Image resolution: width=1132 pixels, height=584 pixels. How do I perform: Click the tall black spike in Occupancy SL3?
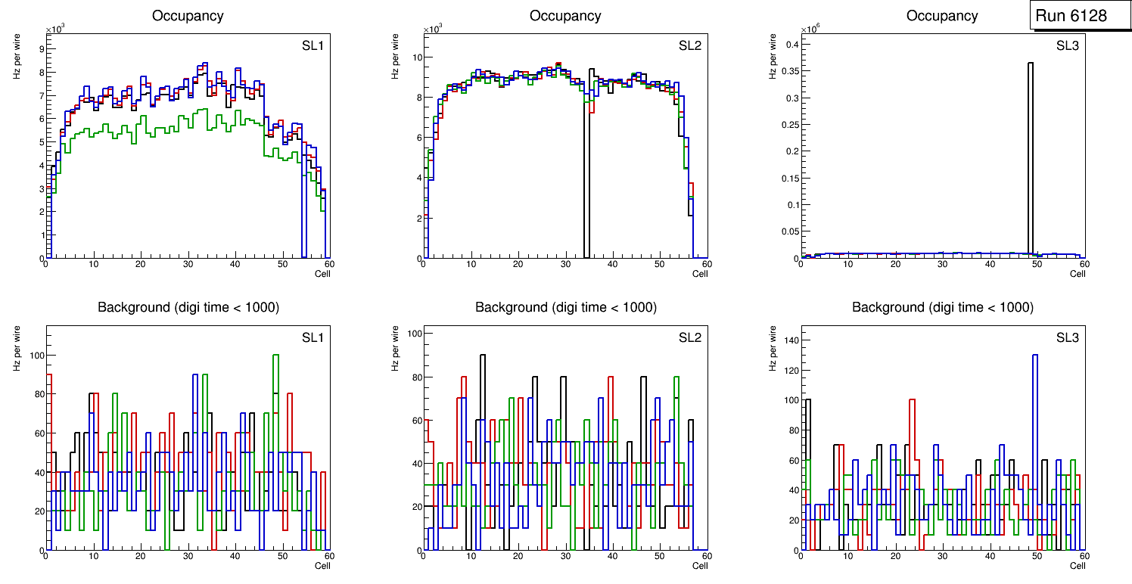tap(1031, 151)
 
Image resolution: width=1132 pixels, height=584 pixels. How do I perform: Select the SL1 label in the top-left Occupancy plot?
tap(313, 46)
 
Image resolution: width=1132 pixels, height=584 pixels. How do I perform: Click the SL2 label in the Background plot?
tap(689, 337)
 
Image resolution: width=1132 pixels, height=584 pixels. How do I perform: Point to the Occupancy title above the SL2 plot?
tap(565, 16)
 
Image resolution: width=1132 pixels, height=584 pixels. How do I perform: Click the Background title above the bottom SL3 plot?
tap(942, 308)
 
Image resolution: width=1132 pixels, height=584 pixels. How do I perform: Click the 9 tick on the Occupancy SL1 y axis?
tap(41, 49)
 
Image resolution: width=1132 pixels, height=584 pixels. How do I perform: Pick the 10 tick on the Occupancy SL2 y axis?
tap(416, 57)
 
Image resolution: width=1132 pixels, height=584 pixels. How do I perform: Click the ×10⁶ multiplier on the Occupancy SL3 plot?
tap(810, 30)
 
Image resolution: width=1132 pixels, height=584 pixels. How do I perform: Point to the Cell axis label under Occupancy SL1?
tap(322, 273)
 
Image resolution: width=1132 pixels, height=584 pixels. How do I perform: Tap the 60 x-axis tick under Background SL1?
tap(329, 556)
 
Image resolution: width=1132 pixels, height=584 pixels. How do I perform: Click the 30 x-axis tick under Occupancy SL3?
tap(942, 264)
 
